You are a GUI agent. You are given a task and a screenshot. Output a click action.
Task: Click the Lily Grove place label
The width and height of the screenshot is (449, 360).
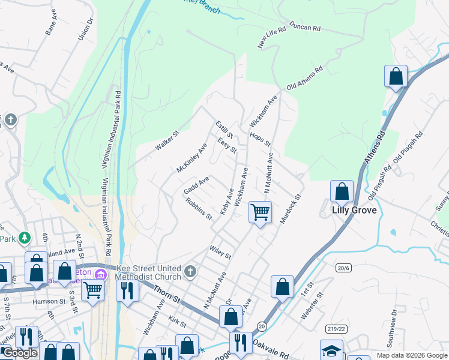[355, 210]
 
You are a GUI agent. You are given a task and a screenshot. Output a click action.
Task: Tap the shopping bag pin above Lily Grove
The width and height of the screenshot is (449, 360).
[342, 191]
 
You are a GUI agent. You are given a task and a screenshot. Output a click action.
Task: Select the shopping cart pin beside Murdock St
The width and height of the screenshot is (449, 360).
[260, 211]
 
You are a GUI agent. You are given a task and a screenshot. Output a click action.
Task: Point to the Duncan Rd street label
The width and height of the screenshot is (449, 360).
[305, 28]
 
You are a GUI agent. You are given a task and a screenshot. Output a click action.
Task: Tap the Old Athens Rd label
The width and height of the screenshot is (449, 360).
[304, 78]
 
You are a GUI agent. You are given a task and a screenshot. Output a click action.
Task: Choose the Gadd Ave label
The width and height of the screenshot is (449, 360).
[196, 185]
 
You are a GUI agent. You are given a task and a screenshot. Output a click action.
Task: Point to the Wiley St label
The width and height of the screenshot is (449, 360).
[220, 252]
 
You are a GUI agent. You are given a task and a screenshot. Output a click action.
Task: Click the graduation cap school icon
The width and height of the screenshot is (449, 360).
[331, 350]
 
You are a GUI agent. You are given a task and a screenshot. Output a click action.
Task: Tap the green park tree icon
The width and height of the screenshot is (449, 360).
[25, 238]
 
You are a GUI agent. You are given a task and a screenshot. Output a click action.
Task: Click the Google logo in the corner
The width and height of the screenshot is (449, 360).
[20, 352]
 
